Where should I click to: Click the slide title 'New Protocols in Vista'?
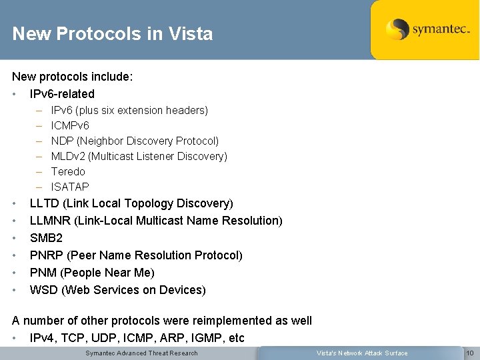(x=112, y=34)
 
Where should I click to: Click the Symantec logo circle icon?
(x=397, y=29)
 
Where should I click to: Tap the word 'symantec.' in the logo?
(x=441, y=29)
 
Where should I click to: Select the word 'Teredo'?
(x=68, y=171)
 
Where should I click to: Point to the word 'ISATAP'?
(x=70, y=187)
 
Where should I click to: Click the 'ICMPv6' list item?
(x=70, y=125)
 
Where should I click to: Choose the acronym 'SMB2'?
(x=46, y=238)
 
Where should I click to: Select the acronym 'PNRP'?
(x=47, y=255)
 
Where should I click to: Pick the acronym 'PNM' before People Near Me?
(x=44, y=273)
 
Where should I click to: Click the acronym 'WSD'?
(x=44, y=290)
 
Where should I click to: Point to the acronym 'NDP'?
(x=63, y=141)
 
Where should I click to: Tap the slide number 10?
(x=469, y=353)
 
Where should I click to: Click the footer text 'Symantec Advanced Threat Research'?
(x=141, y=353)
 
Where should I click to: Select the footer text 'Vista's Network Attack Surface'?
(x=361, y=353)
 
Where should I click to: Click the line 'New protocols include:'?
(x=73, y=77)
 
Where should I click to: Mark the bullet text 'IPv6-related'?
(x=62, y=94)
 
